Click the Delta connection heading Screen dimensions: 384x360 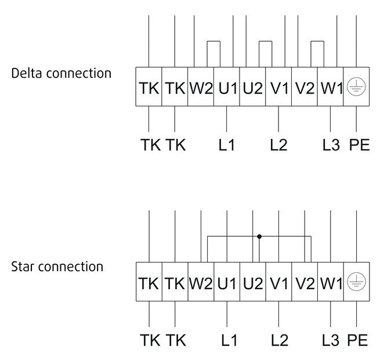[x=61, y=73]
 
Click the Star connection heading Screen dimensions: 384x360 [x=57, y=267]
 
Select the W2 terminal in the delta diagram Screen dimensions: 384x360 [x=201, y=87]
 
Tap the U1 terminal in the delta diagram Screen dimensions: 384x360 [x=227, y=87]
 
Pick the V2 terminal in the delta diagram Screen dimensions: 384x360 [x=305, y=87]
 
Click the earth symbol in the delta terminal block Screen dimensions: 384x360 [x=356, y=87]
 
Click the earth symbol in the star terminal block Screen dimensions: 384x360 [x=357, y=282]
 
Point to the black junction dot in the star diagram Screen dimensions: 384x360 [x=259, y=236]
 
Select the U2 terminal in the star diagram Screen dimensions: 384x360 [x=253, y=282]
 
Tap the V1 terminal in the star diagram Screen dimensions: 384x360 [x=279, y=282]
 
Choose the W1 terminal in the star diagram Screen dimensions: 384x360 [x=331, y=282]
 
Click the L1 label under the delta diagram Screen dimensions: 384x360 [x=227, y=145]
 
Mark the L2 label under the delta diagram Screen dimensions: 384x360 [x=278, y=145]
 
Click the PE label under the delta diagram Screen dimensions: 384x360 [x=359, y=145]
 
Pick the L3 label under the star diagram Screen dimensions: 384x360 [x=331, y=340]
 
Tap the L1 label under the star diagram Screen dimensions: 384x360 [x=229, y=340]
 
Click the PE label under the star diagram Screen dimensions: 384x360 [x=357, y=340]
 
